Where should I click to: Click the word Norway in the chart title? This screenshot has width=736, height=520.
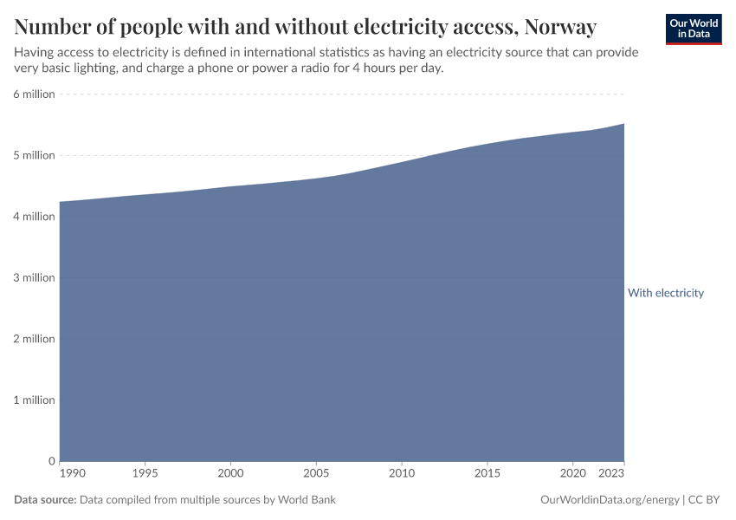558,27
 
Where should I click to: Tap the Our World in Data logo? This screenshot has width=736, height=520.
694,29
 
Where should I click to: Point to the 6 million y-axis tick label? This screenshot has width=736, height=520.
34,94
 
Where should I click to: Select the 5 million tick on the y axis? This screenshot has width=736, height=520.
34,155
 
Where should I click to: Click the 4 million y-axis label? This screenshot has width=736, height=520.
34,217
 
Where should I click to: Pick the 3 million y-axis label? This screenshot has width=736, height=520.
34,278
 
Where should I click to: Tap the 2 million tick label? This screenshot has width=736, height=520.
34,339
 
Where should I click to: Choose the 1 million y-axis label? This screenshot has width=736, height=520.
34,400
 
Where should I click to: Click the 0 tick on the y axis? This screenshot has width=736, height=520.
51,461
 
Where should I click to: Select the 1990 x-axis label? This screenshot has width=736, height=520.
73,474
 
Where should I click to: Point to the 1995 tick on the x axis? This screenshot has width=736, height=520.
145,474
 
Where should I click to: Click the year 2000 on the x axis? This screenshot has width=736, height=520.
230,474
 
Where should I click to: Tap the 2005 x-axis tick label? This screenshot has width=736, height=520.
316,474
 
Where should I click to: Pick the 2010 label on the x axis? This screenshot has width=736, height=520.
401,474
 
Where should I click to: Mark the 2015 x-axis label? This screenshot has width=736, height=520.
487,474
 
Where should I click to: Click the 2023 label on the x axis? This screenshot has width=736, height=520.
611,474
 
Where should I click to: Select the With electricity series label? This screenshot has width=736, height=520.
666,293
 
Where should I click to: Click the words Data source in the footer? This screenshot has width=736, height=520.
45,500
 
